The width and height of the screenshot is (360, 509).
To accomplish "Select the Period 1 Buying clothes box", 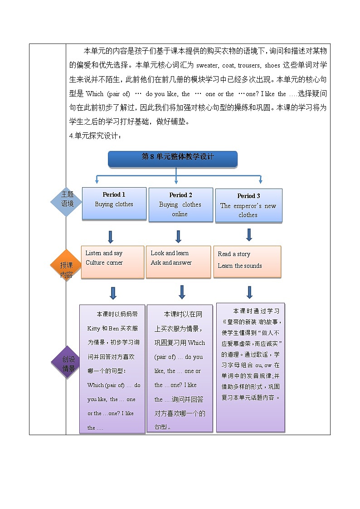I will pos(114,204).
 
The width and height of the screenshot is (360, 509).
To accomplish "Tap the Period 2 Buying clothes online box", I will pos(180,204).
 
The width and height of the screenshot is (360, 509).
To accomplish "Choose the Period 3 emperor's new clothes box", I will pos(248,205).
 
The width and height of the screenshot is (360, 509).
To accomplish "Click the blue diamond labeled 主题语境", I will pos(67,199).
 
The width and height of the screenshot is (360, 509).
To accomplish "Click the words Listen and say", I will pos(104,253).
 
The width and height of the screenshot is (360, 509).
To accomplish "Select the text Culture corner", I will pos(104,263).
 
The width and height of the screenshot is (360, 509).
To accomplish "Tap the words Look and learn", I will pos(170,253).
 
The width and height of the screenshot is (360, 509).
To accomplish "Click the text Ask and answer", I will pos(171,263).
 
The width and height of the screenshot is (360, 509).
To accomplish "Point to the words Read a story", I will pos(234,254).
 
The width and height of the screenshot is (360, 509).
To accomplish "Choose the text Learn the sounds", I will pos(240,266).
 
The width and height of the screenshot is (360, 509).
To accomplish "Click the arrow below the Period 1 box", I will pos(111,237).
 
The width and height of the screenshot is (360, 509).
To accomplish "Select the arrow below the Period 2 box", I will pos(178,236).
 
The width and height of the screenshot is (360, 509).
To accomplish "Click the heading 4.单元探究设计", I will pos(96,135).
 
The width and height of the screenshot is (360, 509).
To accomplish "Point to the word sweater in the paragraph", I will pos(208,65).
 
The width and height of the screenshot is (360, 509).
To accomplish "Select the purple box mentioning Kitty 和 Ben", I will pos(112,369).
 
